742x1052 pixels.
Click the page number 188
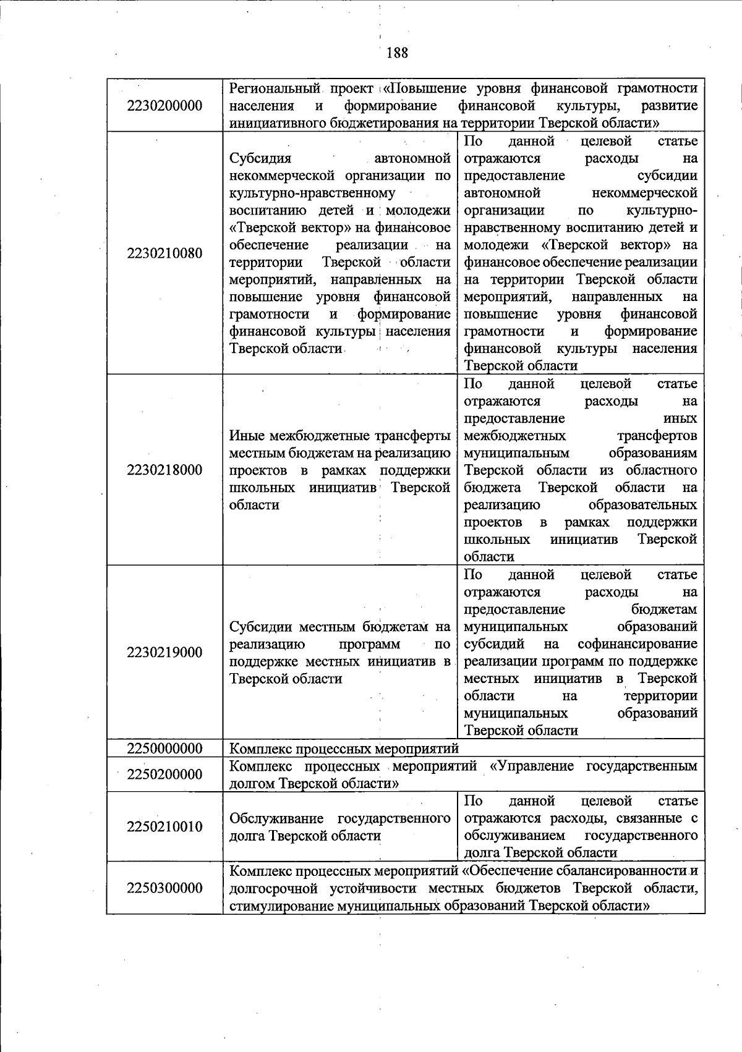click(397, 53)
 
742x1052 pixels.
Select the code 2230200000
click(164, 106)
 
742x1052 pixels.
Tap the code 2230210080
click(164, 253)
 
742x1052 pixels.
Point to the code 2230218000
click(164, 470)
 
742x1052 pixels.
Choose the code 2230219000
click(164, 653)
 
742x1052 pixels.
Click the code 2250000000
click(164, 749)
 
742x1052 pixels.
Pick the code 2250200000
click(164, 774)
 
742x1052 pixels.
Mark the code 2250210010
click(164, 827)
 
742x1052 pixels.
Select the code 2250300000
click(164, 888)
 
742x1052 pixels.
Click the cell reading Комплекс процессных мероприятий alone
click(344, 749)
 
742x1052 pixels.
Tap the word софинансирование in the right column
click(638, 644)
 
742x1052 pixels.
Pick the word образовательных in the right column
click(642, 505)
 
